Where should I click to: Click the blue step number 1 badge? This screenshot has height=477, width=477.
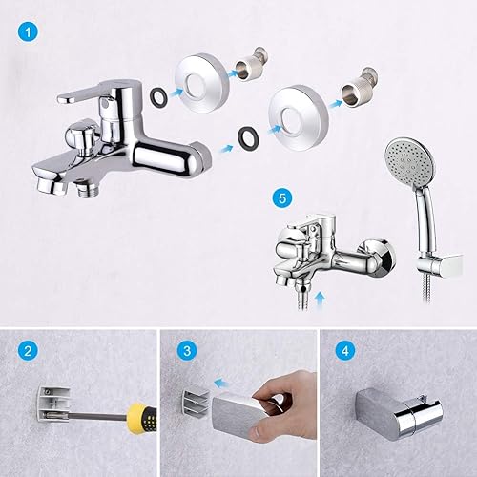tap(28, 32)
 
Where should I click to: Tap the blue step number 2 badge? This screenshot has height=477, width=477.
tap(28, 351)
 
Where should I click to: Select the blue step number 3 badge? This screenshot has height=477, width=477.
tap(187, 351)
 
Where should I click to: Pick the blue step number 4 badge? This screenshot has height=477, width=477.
tap(345, 351)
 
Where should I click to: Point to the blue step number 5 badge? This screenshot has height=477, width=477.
tap(282, 198)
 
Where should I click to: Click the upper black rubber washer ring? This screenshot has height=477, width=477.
tap(156, 96)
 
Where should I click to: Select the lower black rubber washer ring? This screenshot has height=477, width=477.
tap(248, 136)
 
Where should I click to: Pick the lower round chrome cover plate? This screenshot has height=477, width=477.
tap(299, 117)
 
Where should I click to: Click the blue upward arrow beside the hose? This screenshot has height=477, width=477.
tap(321, 301)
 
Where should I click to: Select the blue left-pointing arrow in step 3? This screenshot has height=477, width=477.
tap(223, 384)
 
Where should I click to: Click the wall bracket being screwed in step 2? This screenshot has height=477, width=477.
tap(54, 404)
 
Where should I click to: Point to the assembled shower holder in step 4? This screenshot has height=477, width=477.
tap(399, 413)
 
